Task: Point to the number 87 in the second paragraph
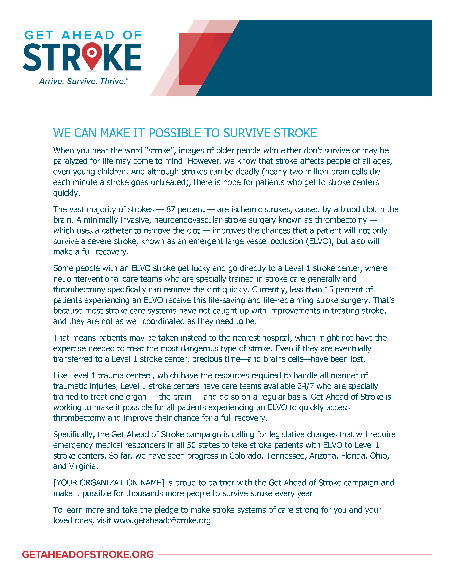pos(170,209)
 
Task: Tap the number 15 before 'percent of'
pos(329,289)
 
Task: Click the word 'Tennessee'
pos(285,456)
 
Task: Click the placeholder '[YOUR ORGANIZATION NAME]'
pos(109,483)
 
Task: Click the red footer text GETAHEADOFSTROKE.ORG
pos(88,554)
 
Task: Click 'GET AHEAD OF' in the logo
pos(83,35)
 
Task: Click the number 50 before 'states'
pos(191,445)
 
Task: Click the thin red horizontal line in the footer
pos(295,555)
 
